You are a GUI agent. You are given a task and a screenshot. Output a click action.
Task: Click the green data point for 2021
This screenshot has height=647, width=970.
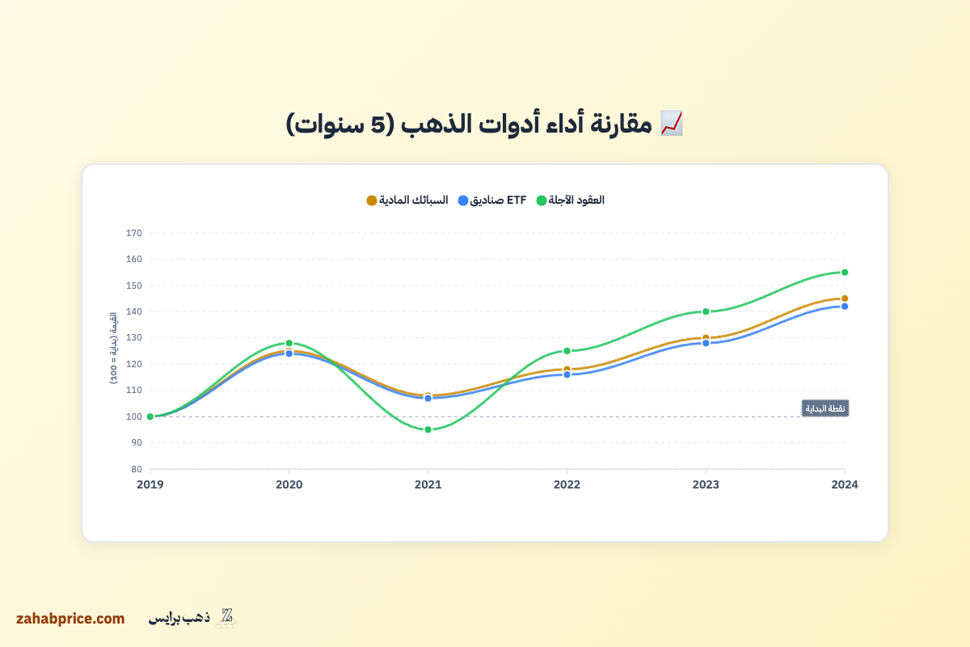point(428,429)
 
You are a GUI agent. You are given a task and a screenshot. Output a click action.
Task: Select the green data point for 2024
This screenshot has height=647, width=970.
point(845,273)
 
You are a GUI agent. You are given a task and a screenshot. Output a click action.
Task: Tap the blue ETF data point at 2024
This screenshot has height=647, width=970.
point(845,307)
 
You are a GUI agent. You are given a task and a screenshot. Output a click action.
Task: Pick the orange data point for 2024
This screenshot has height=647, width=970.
point(845,298)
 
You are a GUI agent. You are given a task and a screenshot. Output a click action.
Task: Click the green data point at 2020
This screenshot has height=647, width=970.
point(289,343)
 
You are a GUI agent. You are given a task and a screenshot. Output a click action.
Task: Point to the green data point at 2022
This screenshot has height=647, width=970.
point(567,351)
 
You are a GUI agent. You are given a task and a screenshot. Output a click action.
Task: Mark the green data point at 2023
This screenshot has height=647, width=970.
point(706,311)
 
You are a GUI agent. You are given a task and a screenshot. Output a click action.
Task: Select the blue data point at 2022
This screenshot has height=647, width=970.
point(567,374)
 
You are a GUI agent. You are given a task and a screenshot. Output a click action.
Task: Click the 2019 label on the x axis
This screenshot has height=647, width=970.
point(150,484)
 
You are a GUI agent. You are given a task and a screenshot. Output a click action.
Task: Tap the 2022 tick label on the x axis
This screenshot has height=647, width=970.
point(567,484)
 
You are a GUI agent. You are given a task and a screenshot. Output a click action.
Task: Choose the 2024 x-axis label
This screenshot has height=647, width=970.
point(845,484)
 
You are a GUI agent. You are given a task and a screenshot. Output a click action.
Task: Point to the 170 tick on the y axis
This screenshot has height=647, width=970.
point(134,233)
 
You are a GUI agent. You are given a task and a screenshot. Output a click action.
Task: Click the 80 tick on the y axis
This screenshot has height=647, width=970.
point(136,469)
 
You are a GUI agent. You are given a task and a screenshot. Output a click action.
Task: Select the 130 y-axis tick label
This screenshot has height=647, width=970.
point(134,338)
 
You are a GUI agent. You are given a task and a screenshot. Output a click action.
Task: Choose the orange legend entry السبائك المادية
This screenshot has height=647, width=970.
point(407,200)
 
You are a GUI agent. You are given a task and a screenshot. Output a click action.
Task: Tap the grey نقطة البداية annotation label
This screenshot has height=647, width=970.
point(825,408)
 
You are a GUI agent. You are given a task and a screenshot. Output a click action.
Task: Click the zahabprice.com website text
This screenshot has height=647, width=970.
point(70,619)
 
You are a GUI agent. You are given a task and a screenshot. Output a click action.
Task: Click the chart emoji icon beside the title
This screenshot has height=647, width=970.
point(672,123)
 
